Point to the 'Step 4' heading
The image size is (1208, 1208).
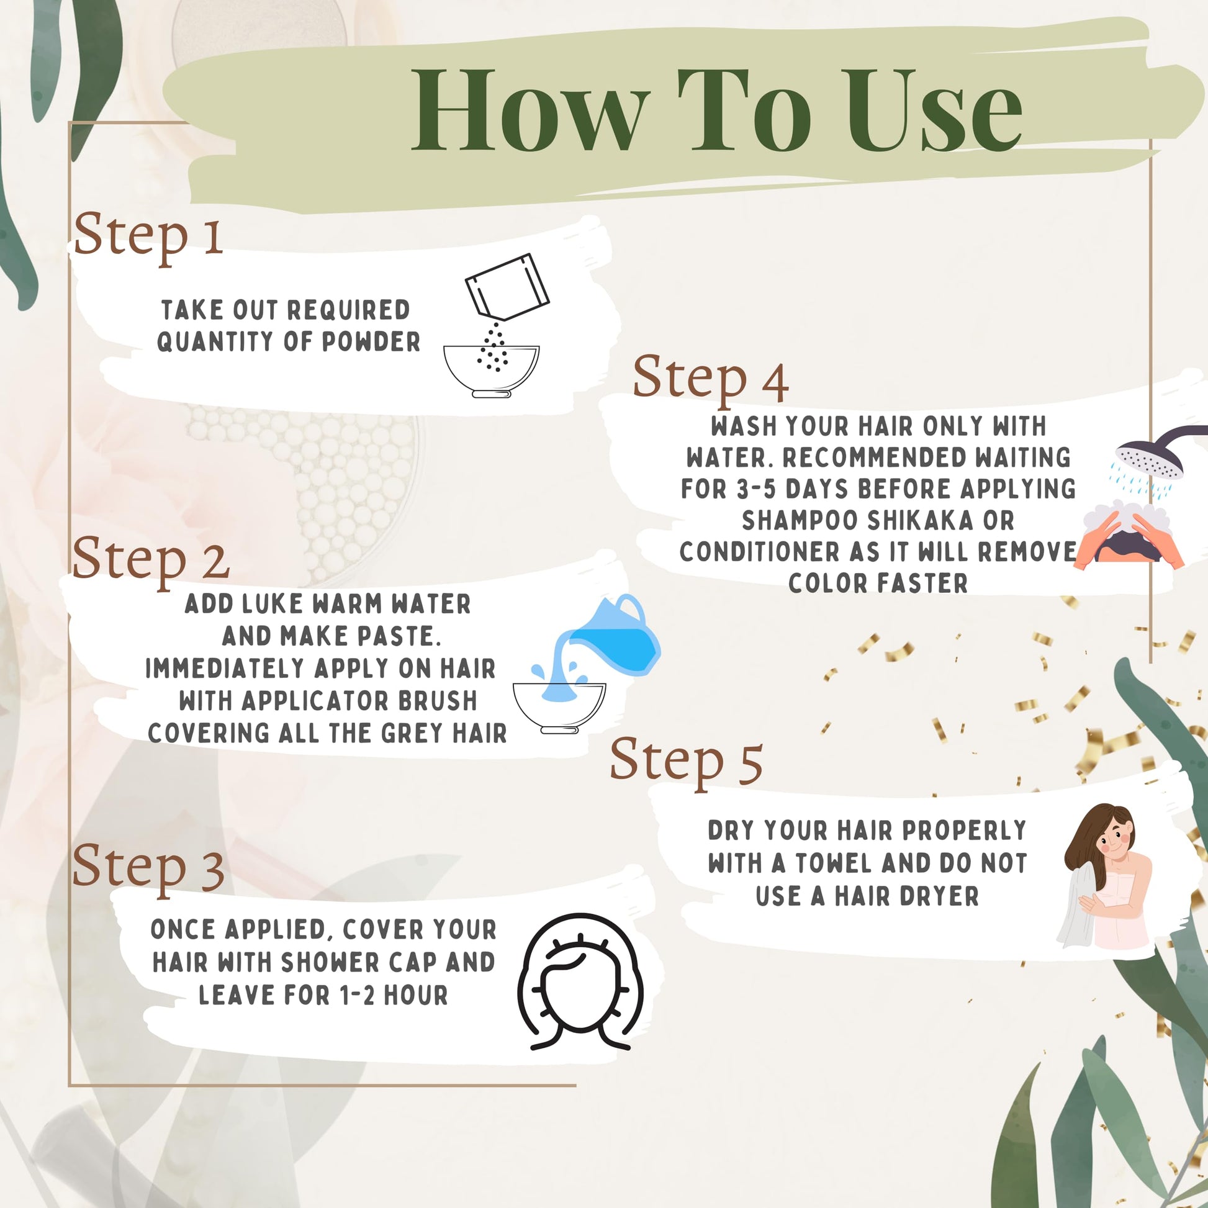(x=710, y=378)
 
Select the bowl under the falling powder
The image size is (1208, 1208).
(x=492, y=371)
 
